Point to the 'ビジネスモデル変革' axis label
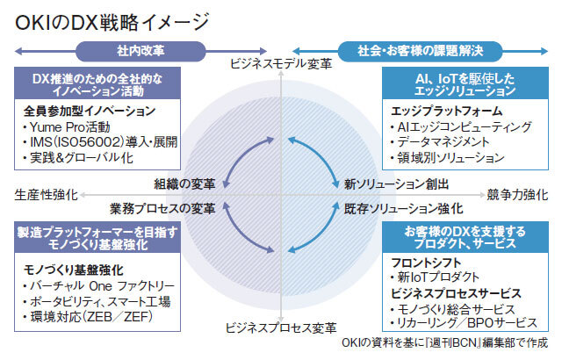280,63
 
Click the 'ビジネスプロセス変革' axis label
280,328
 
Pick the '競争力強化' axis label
517,193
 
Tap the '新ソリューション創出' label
396,184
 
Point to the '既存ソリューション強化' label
403,208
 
